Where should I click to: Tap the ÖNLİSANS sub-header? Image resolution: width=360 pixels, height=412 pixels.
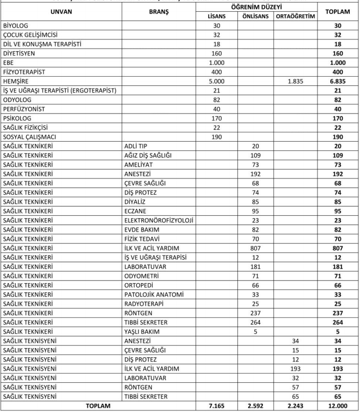pyautogui.click(x=256, y=16)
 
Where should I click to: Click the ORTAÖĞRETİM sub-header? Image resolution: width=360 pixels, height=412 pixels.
pyautogui.click(x=295, y=16)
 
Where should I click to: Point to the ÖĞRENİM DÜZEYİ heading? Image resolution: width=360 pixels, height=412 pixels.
pyautogui.click(x=256, y=6)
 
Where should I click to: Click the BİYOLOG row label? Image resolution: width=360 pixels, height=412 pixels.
pyautogui.click(x=15, y=26)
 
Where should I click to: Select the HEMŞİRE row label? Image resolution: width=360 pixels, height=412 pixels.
pyautogui.click(x=15, y=81)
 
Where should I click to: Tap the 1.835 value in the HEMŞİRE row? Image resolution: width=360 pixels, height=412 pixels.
pyautogui.click(x=295, y=81)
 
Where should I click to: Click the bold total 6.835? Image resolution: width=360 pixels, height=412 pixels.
pyautogui.click(x=339, y=81)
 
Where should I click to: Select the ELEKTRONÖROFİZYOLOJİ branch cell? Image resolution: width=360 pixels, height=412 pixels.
pyautogui.click(x=158, y=220)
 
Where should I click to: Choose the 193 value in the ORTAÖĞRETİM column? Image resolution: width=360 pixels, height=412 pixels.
pyautogui.click(x=295, y=369)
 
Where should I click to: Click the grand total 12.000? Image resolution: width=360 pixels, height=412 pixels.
pyautogui.click(x=339, y=405)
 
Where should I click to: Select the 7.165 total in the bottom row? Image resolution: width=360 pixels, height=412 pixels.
pyautogui.click(x=217, y=405)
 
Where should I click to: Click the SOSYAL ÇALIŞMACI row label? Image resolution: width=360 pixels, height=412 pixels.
pyautogui.click(x=30, y=137)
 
